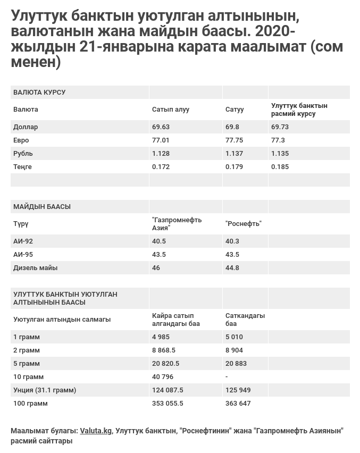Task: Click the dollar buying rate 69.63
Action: pos(161,127)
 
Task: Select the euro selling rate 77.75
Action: pos(234,140)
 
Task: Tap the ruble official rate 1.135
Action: pos(280,154)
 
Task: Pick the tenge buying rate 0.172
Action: pos(161,167)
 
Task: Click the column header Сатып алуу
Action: pos(170,110)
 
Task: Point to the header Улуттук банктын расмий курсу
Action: pos(299,110)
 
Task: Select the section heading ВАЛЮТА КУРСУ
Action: pos(39,93)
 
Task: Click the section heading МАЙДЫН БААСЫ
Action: pos(42,207)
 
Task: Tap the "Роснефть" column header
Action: pos(244,224)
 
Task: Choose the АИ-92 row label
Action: pos(23,241)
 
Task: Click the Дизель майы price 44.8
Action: pos(232,268)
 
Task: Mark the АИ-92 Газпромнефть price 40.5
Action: pos(159,241)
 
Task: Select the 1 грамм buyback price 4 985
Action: pos(161,337)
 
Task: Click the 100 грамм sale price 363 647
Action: pos(238,404)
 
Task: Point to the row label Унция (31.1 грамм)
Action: pos(45,390)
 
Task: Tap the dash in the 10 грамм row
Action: pos(227,377)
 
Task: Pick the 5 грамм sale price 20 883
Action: pos(236,364)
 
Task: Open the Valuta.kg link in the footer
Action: pos(96,431)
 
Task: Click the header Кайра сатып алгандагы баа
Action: pos(175,320)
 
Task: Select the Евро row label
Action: pos(21,140)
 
